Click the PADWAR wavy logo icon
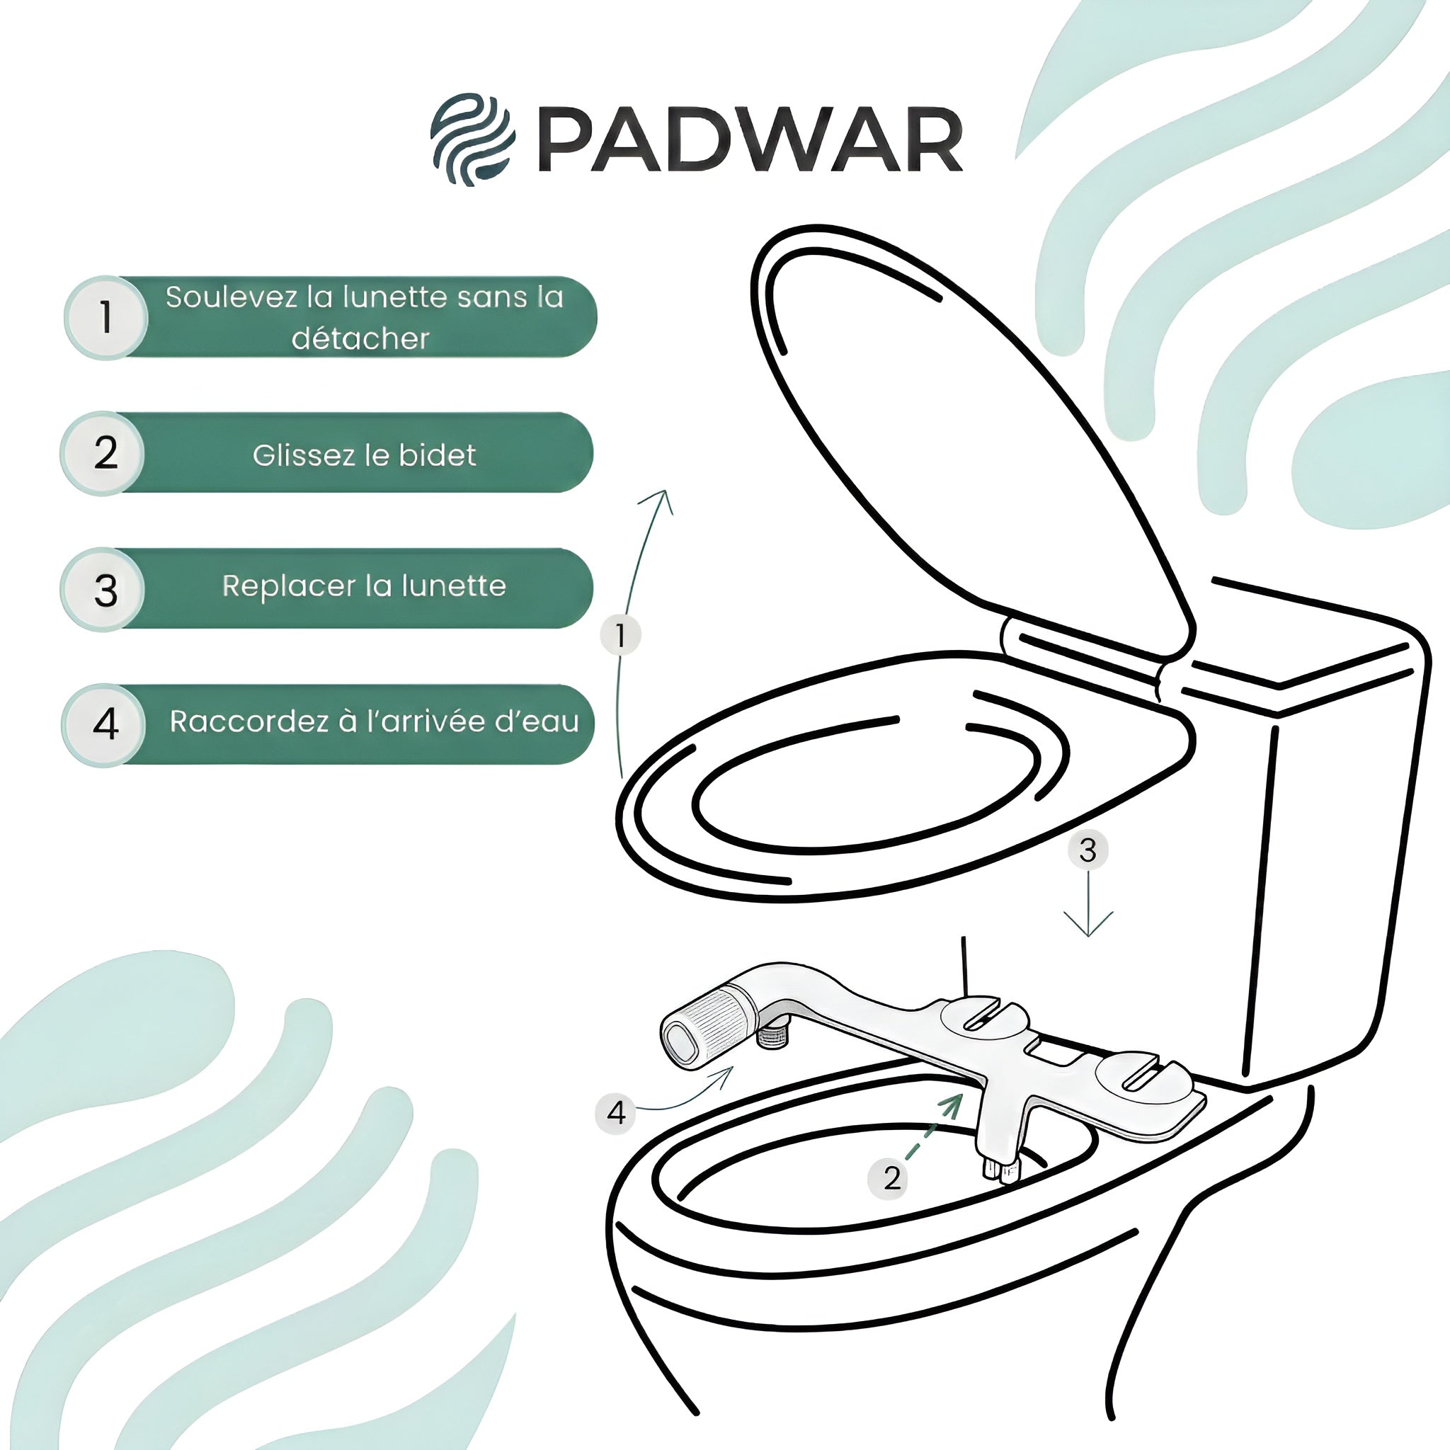(x=472, y=139)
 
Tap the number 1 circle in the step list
(x=105, y=316)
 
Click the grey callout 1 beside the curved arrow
(x=621, y=636)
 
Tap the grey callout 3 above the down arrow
(x=1087, y=850)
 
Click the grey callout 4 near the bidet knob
(x=615, y=1112)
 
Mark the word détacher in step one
(x=360, y=339)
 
